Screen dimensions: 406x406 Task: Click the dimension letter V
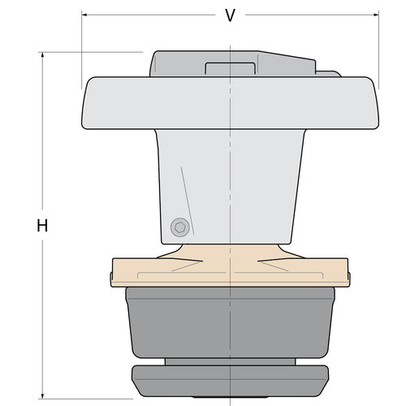[x=231, y=15]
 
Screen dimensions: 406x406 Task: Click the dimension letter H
[x=42, y=226]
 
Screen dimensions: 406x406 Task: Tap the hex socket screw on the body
[x=180, y=227]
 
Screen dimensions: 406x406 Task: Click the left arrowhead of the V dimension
[x=84, y=15]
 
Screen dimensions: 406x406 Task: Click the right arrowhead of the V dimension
[x=376, y=15]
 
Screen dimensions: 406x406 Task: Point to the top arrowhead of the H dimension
[x=42, y=54]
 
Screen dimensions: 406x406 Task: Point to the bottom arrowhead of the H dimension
[x=42, y=396]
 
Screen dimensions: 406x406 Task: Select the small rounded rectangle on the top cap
[x=231, y=68]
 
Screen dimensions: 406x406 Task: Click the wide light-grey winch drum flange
[x=230, y=103]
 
